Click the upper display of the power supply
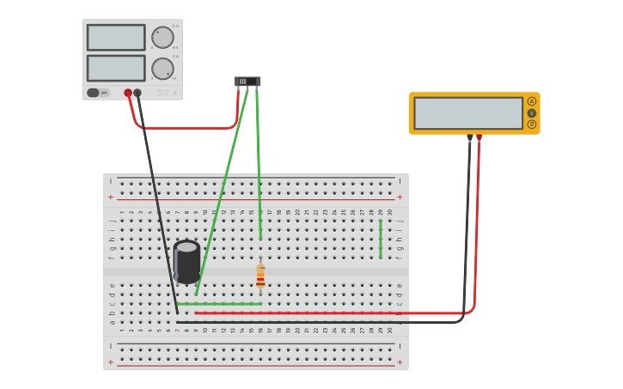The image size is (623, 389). (x=116, y=37)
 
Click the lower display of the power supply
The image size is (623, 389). (x=116, y=68)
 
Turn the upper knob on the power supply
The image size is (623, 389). (x=162, y=37)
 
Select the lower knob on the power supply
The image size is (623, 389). (x=162, y=69)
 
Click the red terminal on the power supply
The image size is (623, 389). (x=128, y=93)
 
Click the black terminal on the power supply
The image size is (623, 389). (x=137, y=93)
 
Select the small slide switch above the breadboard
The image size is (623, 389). (x=247, y=82)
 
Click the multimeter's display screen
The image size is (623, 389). (x=468, y=112)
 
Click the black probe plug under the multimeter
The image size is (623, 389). (x=469, y=137)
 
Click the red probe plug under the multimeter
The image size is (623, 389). (x=479, y=137)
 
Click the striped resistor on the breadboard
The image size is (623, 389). (x=260, y=275)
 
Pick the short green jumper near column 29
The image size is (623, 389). (x=381, y=238)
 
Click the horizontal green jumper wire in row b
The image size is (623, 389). (x=219, y=304)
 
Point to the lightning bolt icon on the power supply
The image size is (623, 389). (x=174, y=93)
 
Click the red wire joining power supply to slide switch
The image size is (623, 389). (x=185, y=128)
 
